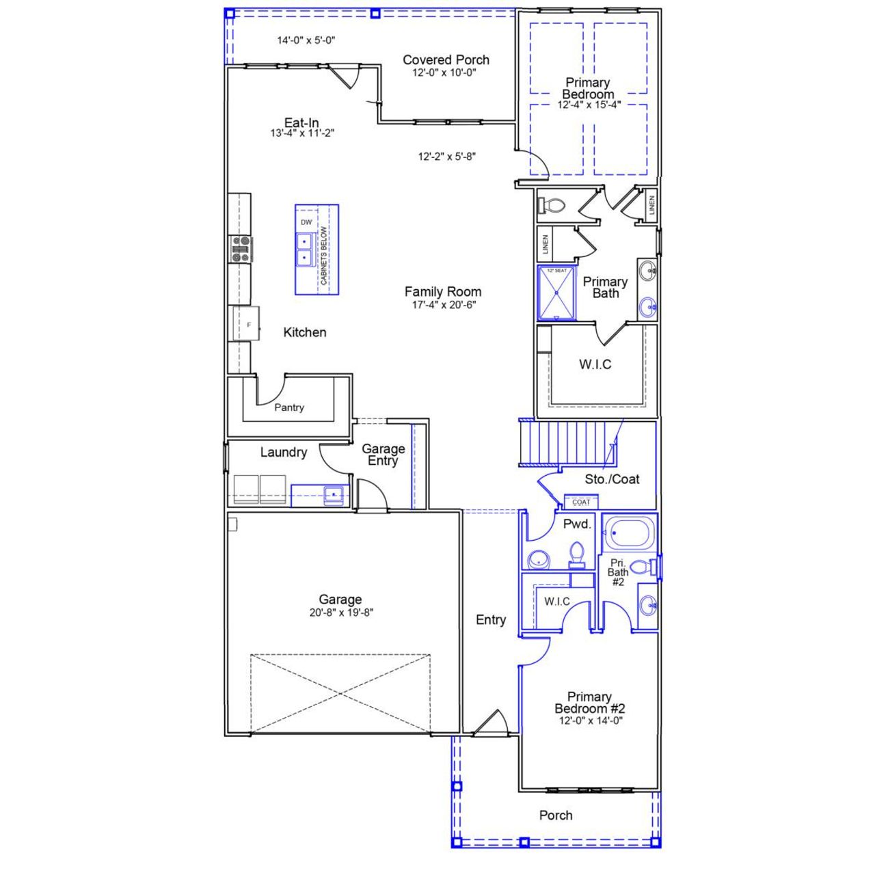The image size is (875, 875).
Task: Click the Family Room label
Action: pos(443,292)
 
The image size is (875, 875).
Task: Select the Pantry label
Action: pos(289,407)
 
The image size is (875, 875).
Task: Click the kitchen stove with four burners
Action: pos(241,249)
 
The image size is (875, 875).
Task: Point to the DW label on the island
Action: pos(306,223)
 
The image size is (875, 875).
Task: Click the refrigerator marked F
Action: pos(247,323)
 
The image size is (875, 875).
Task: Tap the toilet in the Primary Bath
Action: pos(552,205)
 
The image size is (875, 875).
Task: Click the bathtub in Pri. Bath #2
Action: pos(629,533)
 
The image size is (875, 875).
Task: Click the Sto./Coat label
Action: pos(612,479)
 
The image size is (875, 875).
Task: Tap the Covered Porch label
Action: pos(446,60)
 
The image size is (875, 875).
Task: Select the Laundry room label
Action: pos(283,453)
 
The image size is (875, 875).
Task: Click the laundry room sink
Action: pos(334,494)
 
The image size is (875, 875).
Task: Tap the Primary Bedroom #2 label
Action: pos(589,703)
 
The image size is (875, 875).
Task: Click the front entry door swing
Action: pos(491,723)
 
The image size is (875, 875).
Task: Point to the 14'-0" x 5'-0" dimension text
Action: pos(306,40)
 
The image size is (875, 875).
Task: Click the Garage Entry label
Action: pos(383,455)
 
